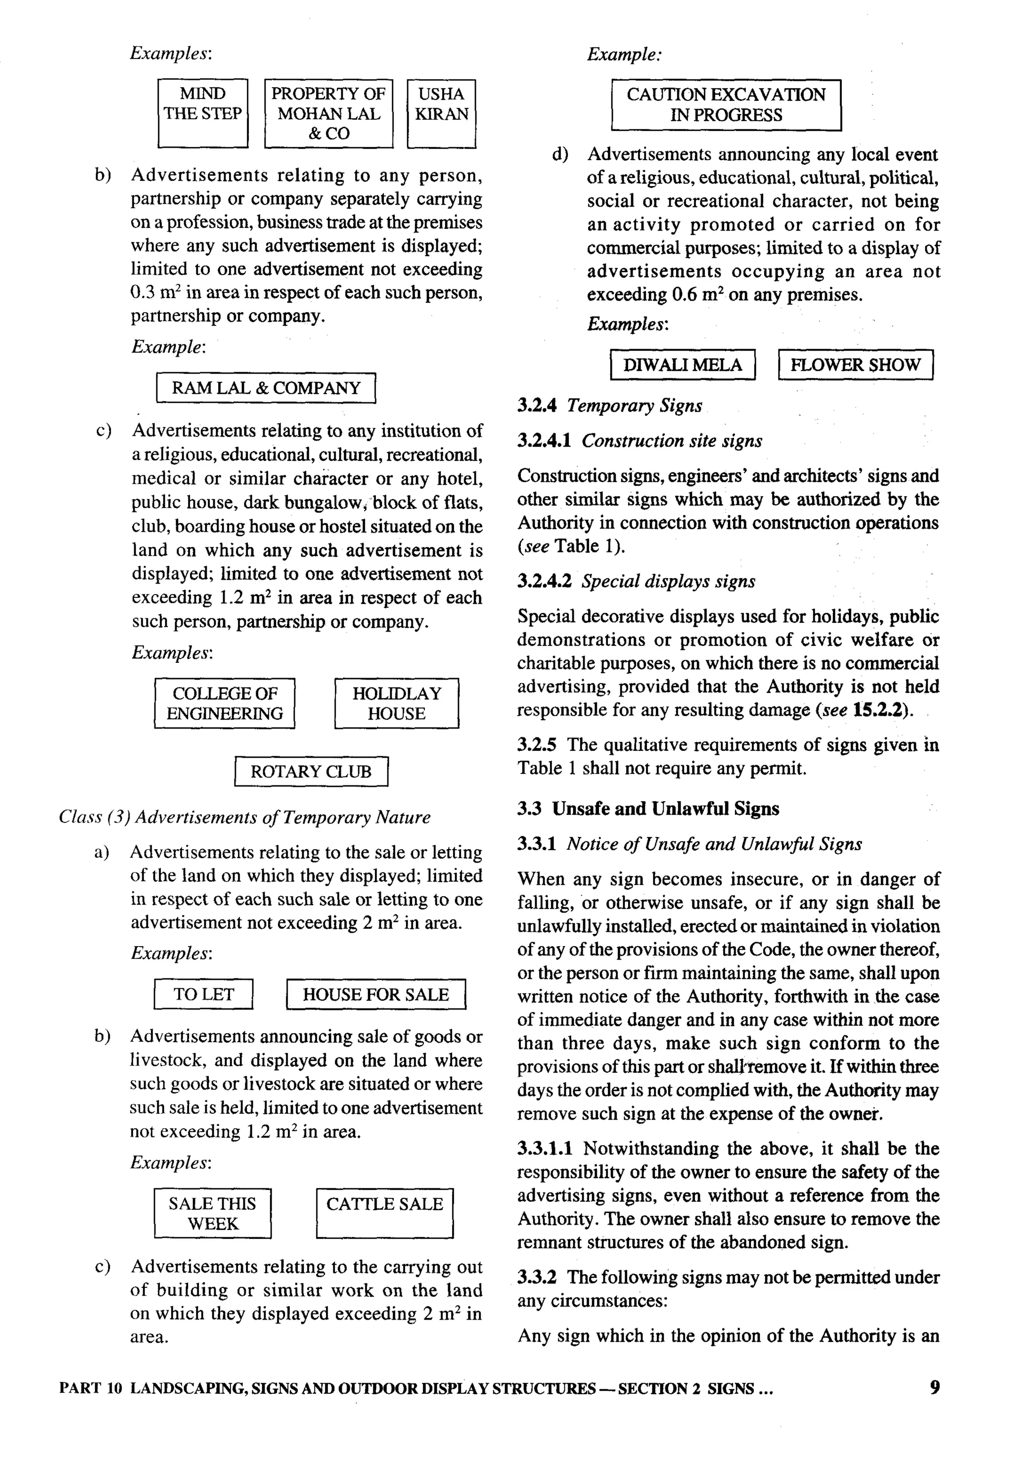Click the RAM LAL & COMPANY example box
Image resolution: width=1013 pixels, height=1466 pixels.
(266, 388)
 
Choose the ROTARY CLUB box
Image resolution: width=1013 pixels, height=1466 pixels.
(311, 771)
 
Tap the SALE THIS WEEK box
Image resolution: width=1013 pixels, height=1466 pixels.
(213, 1213)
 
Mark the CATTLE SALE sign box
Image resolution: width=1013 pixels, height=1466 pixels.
(385, 1213)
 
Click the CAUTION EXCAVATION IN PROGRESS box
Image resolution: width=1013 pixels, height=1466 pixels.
(726, 105)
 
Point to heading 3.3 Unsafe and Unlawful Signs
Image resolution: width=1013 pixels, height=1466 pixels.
(648, 809)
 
